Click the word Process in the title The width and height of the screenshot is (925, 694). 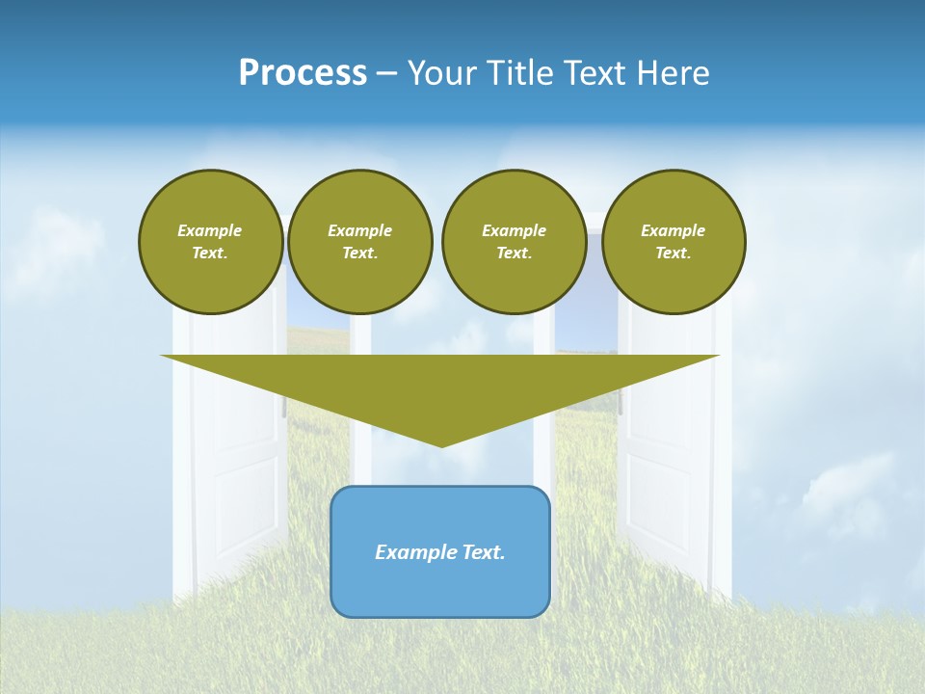(303, 73)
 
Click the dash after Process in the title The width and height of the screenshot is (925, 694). (386, 74)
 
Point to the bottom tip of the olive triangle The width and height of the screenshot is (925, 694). (441, 445)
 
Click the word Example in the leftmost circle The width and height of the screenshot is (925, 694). (210, 230)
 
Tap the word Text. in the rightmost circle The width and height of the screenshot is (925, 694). (674, 253)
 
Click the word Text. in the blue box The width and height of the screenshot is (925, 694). (482, 552)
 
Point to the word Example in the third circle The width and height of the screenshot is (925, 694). (514, 230)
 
